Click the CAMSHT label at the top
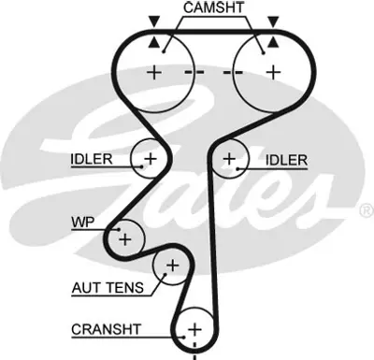click(x=215, y=9)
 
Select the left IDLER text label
click(x=90, y=159)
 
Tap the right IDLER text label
click(x=286, y=160)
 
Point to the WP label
click(x=82, y=223)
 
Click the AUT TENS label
click(x=106, y=287)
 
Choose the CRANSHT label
click(x=105, y=329)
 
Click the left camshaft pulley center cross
click(x=153, y=71)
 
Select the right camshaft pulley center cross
click(x=273, y=71)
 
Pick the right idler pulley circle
click(x=229, y=160)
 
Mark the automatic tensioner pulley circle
click(x=171, y=268)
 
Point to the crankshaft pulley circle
click(x=194, y=329)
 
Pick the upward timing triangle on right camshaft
click(x=272, y=43)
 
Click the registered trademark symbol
click(x=366, y=212)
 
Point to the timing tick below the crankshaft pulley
click(x=194, y=355)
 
